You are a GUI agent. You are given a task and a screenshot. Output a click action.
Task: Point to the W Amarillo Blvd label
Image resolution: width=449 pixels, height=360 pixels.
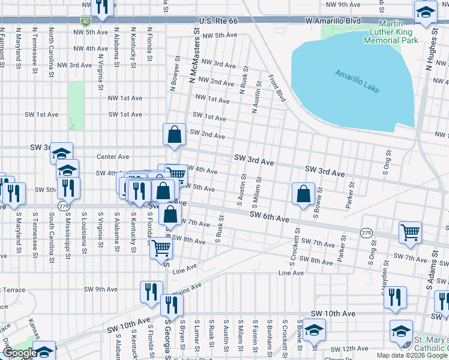click(x=333, y=21)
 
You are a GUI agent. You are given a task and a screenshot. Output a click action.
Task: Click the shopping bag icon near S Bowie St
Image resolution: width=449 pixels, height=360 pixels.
click(x=304, y=193)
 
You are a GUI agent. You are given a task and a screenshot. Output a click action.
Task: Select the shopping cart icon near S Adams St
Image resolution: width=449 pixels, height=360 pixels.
click(x=410, y=231)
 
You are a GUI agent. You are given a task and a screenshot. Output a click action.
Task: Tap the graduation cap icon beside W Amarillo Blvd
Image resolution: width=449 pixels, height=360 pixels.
click(x=426, y=12)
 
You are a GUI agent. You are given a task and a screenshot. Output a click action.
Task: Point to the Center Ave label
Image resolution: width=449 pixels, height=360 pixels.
click(x=113, y=157)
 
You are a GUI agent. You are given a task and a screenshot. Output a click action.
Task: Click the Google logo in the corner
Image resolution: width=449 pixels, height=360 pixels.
click(x=20, y=353)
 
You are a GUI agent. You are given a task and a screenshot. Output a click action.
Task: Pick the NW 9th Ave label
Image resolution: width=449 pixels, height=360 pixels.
click(x=343, y=5)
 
